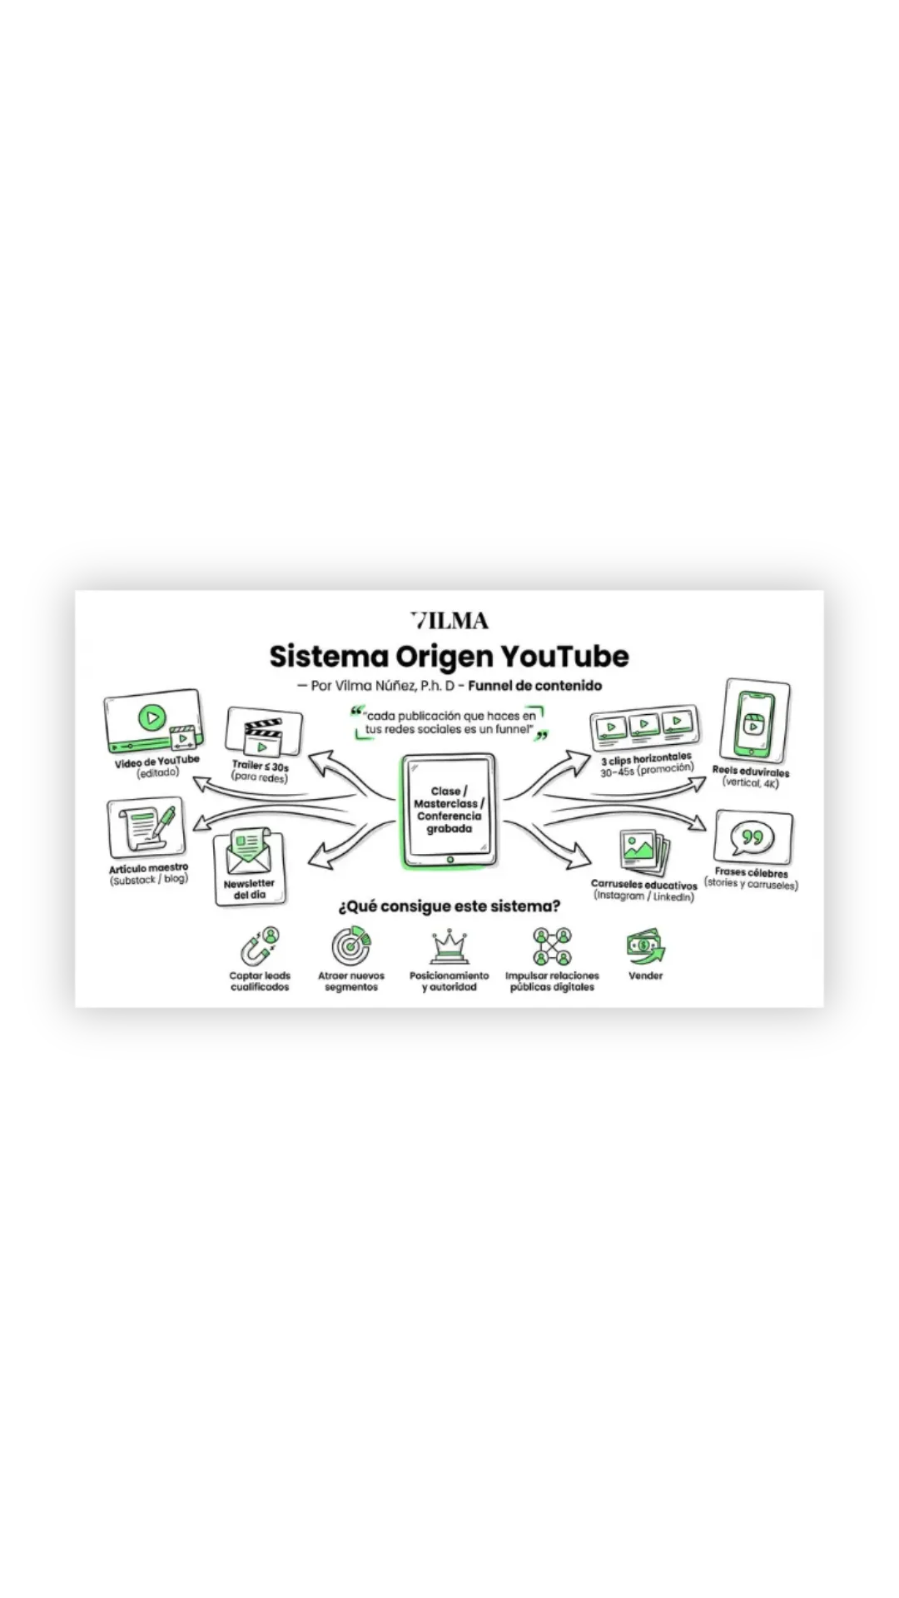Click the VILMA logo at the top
pos(449,621)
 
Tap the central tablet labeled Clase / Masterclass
pos(449,811)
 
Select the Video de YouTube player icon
pos(153,721)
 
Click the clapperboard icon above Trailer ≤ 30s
pos(263,732)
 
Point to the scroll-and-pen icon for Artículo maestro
pos(147,828)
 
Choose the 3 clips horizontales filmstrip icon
pos(644,727)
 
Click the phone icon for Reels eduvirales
pos(754,721)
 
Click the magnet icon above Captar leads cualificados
pos(261,946)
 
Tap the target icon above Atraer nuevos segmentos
pos(351,946)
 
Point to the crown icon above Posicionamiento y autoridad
pos(449,947)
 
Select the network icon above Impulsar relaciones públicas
pos(552,946)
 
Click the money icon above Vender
pos(646,946)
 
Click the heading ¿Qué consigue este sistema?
pos(449,906)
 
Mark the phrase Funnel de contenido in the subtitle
pos(534,686)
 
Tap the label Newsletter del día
pos(249,889)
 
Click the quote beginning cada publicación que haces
pos(449,722)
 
